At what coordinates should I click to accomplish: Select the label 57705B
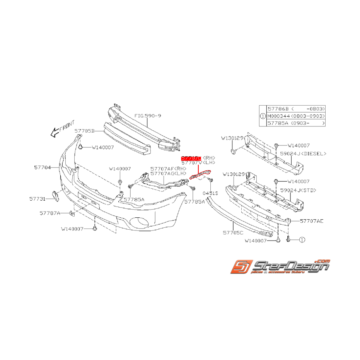[85, 131]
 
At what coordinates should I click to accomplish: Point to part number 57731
[37, 199]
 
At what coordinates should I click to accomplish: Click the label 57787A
[49, 213]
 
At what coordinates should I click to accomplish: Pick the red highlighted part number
[191, 159]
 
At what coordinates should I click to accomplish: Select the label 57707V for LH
[191, 164]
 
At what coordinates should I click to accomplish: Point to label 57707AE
[312, 221]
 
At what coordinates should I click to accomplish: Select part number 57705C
[234, 233]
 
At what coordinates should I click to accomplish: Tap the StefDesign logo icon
[241, 267]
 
